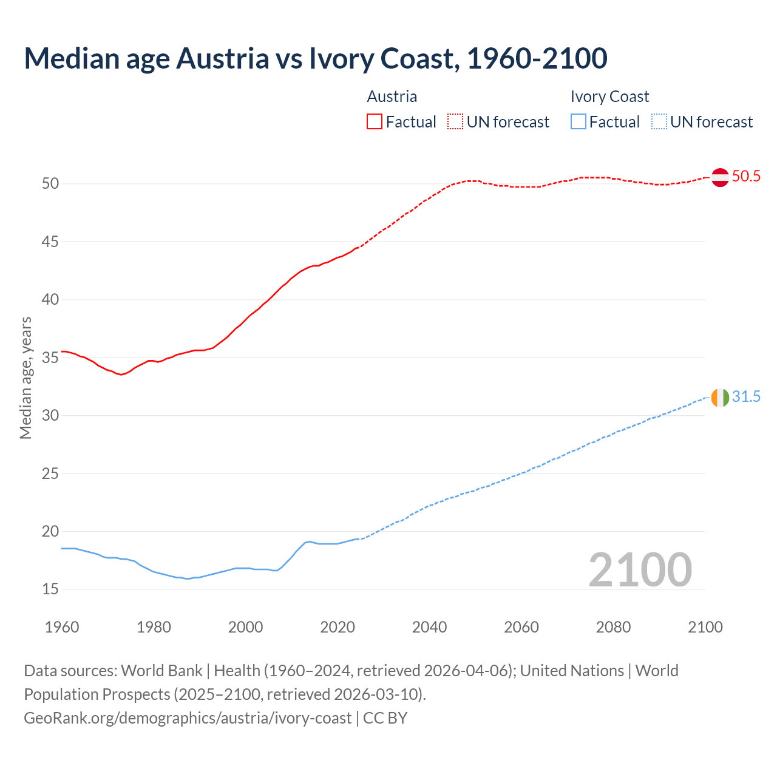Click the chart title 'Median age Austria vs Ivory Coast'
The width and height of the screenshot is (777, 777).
pyautogui.click(x=315, y=58)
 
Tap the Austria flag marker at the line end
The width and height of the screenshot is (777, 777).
pyautogui.click(x=720, y=177)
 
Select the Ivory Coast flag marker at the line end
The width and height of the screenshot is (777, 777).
pyautogui.click(x=720, y=398)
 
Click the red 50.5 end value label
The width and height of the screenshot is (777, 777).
pyautogui.click(x=746, y=177)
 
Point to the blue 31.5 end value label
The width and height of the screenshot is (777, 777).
pyautogui.click(x=746, y=397)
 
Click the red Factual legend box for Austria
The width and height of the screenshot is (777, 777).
pyautogui.click(x=375, y=122)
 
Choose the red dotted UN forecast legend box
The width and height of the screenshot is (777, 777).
pyautogui.click(x=455, y=122)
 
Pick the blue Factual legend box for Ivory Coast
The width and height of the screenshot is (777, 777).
pyautogui.click(x=579, y=122)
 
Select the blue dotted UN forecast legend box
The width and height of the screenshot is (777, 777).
pyautogui.click(x=659, y=122)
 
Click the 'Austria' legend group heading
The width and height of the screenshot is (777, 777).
pyautogui.click(x=392, y=97)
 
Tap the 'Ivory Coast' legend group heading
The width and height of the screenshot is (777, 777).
pyautogui.click(x=609, y=97)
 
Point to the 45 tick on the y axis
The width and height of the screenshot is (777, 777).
pyautogui.click(x=50, y=242)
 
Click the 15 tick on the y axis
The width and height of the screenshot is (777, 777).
pyautogui.click(x=50, y=589)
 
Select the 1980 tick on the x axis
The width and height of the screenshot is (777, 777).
pyautogui.click(x=154, y=627)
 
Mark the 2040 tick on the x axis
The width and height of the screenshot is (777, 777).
pyautogui.click(x=429, y=627)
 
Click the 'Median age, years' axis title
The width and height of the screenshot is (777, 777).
pyautogui.click(x=25, y=378)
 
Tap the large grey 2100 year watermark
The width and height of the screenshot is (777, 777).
pyautogui.click(x=640, y=569)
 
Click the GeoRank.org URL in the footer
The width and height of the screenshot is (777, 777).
pyautogui.click(x=188, y=718)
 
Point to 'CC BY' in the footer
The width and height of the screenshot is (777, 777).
pyautogui.click(x=385, y=718)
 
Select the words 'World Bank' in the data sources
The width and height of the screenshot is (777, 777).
pyautogui.click(x=161, y=671)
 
